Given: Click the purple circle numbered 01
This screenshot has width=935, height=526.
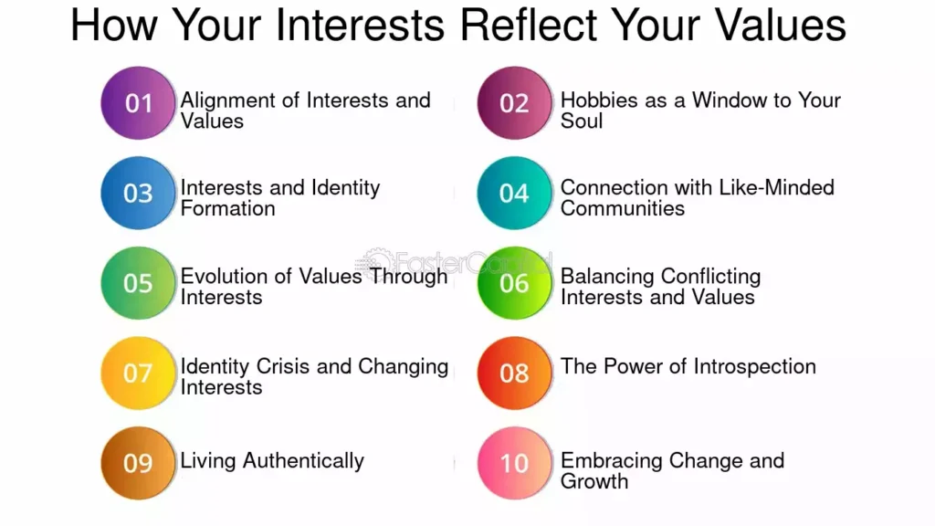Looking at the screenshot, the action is [x=138, y=103].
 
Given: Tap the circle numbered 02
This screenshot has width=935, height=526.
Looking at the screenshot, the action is [x=514, y=103].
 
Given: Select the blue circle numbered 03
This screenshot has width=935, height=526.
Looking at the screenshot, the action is [x=138, y=194].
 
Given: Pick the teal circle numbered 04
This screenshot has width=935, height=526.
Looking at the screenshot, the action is [x=514, y=194].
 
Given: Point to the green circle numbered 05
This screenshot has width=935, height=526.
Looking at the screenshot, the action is [x=138, y=283].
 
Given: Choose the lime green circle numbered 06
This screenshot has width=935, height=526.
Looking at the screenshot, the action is [x=514, y=283].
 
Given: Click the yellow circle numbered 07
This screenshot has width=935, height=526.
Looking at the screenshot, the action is [x=138, y=373].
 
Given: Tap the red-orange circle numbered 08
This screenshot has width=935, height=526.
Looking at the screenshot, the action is [x=514, y=373].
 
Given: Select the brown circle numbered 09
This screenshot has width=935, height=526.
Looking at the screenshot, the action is [x=138, y=463].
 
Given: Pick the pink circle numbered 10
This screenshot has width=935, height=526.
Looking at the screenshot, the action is [x=514, y=463].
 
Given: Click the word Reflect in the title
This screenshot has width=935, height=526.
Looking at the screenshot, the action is [x=529, y=25].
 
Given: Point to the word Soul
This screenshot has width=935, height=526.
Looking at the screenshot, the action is [x=582, y=121].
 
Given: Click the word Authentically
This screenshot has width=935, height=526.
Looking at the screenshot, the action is [x=303, y=461].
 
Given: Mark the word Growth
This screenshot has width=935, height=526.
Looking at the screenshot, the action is [x=594, y=481].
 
